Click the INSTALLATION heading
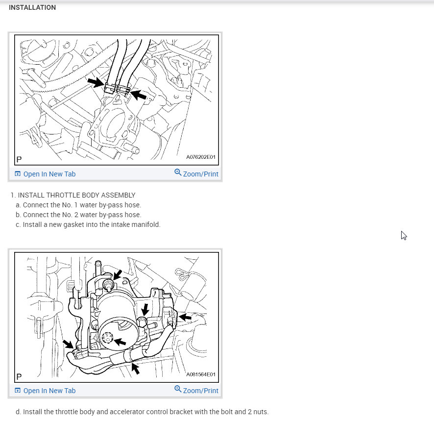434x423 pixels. click(x=32, y=7)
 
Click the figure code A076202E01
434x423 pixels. click(x=201, y=157)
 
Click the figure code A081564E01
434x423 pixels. click(x=201, y=374)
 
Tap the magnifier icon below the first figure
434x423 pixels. click(x=178, y=173)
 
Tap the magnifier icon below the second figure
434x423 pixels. click(x=178, y=389)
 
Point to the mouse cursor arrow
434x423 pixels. click(x=404, y=235)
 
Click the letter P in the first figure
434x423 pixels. click(x=19, y=160)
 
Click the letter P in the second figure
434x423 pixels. click(x=19, y=377)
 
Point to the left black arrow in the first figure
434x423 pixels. click(x=96, y=82)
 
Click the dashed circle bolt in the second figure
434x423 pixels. click(x=107, y=338)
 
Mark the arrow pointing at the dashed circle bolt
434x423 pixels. click(x=120, y=342)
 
